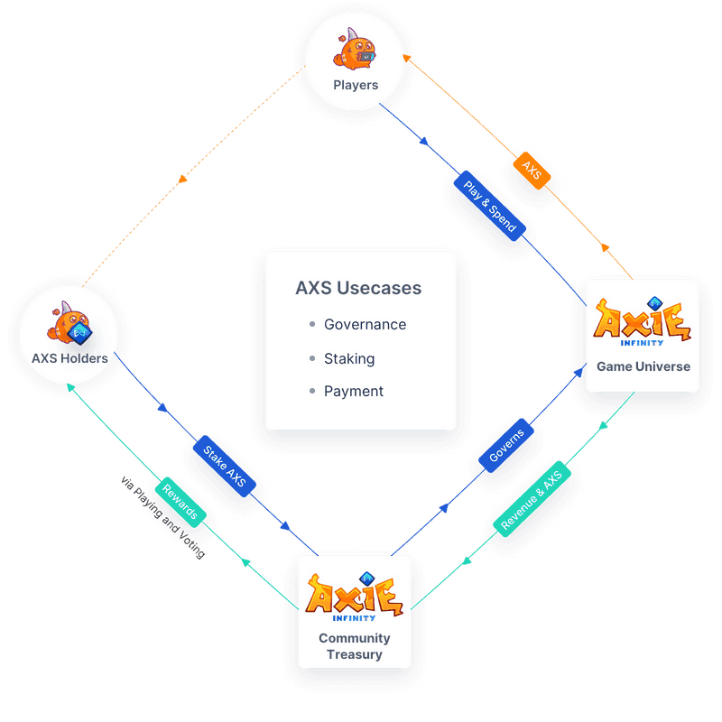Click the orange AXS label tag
pos(532,171)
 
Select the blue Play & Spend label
pos(489,206)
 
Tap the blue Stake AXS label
pos(224,466)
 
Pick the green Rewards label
pos(180,502)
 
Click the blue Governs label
pos(506,445)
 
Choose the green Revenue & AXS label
pos(532,499)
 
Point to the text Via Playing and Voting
pos(162,517)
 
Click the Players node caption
pos(356,85)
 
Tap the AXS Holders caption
pos(69,358)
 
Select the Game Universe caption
pos(643,366)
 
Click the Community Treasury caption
pos(355,646)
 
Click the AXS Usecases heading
pos(358,288)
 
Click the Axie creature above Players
pos(355,50)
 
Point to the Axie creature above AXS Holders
pos(69,323)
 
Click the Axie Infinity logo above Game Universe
pos(643,321)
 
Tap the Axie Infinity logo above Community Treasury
pos(355,597)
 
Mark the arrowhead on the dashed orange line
pos(183,179)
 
